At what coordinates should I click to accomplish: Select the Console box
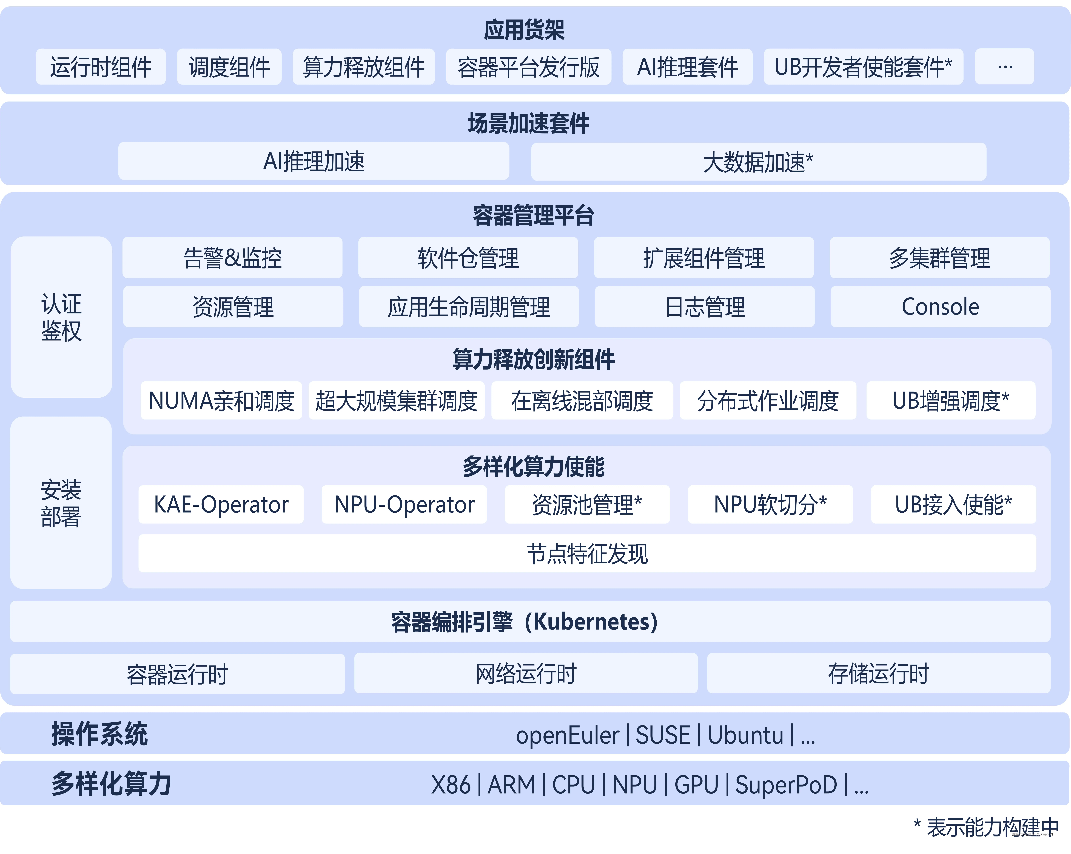(940, 306)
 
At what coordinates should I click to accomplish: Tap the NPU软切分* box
(770, 504)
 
